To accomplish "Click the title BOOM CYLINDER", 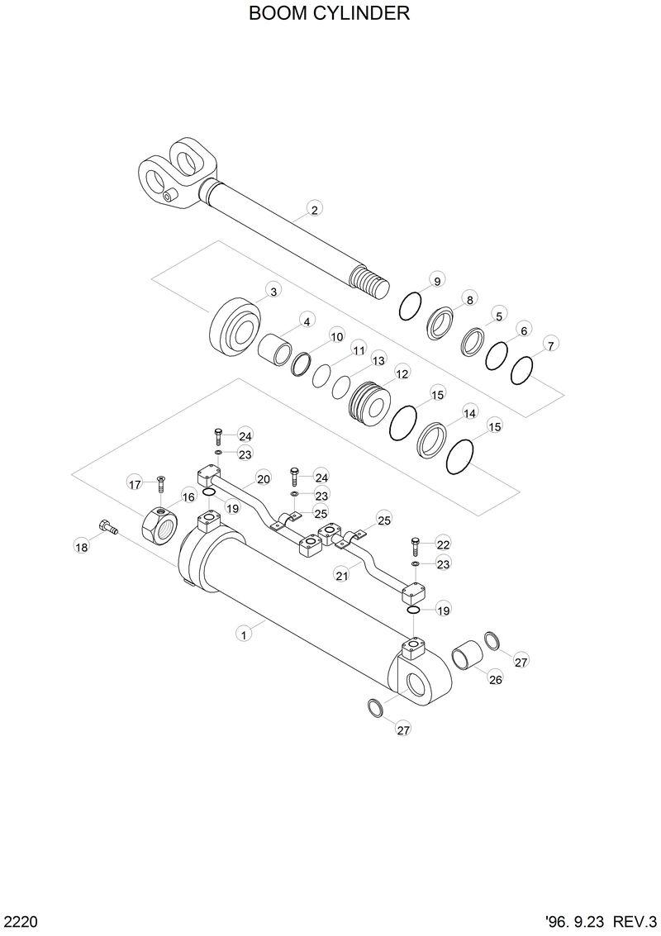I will [330, 14].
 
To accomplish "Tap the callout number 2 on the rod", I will [314, 210].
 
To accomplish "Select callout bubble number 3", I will [273, 290].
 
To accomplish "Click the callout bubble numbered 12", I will [402, 373].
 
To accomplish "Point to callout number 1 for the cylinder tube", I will [243, 634].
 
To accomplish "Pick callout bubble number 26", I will [495, 680].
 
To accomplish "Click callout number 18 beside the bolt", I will [81, 548].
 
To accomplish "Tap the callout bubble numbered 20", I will [264, 478].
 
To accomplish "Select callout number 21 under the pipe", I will [340, 574].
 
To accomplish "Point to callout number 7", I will [551, 344].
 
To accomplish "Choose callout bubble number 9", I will [437, 278].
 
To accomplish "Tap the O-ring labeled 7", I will [522, 369].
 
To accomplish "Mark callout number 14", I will [469, 412].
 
